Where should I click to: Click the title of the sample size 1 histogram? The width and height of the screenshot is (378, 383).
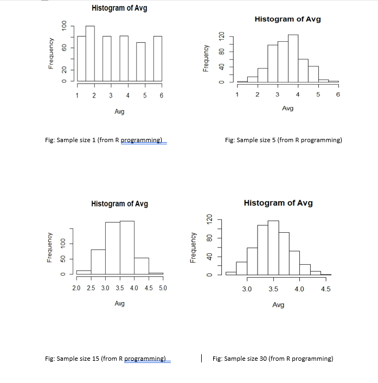[119, 8]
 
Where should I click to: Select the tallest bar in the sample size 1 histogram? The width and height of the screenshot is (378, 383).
[90, 54]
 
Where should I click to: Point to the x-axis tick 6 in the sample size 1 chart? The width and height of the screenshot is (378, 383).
[162, 96]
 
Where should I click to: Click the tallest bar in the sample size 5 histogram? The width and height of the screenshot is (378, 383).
[293, 58]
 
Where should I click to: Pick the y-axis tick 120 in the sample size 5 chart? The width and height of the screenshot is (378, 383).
[221, 36]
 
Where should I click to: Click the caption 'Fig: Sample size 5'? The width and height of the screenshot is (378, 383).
[283, 140]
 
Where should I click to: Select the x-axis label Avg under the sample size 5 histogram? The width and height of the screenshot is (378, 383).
[288, 108]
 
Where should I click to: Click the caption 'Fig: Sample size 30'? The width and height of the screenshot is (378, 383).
[273, 359]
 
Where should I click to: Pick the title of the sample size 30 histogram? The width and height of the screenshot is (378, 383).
[278, 203]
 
